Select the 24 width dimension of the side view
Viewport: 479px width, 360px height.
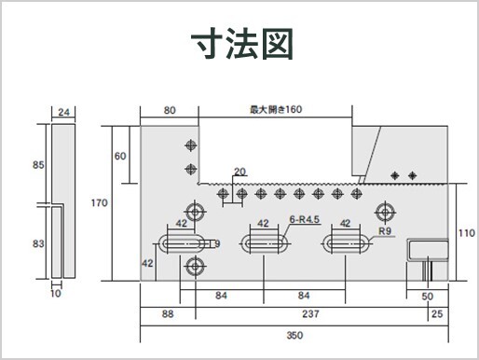(63, 112)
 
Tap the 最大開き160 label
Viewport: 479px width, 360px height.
(276, 110)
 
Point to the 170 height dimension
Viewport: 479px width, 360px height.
(100, 202)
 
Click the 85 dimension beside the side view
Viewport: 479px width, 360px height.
(38, 166)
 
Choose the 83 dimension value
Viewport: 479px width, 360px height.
(38, 243)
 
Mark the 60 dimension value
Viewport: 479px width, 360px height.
(120, 155)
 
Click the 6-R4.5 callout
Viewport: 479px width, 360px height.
(305, 219)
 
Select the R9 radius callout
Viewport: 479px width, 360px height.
(385, 230)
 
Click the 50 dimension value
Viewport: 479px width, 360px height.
(428, 297)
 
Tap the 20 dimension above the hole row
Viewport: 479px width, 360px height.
(240, 172)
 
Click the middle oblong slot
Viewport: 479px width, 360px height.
(264, 244)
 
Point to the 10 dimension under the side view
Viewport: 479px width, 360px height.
(56, 294)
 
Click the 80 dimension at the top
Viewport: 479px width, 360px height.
(170, 110)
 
